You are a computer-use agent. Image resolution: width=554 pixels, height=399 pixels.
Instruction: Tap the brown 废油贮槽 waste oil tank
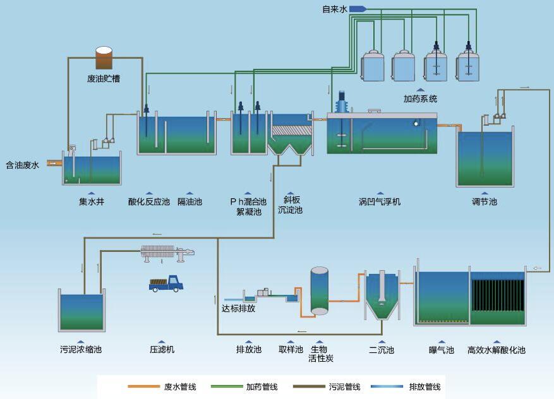coord(104,58)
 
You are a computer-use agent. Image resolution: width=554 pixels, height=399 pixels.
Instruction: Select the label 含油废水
coord(23,165)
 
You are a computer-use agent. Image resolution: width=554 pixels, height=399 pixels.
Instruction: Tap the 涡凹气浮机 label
coord(379,202)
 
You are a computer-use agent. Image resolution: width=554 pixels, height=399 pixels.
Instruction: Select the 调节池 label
coord(485,202)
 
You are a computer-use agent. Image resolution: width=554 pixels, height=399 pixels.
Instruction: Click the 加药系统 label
coord(420,99)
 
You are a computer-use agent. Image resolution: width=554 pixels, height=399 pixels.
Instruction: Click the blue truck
coord(166,283)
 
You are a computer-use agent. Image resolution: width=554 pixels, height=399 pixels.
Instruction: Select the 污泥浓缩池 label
coord(81,350)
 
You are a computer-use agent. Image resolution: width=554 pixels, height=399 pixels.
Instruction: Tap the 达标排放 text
coord(238,309)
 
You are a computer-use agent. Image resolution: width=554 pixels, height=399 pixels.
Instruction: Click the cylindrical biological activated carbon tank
coord(320,291)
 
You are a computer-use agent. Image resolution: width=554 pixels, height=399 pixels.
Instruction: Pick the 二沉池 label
coord(382,350)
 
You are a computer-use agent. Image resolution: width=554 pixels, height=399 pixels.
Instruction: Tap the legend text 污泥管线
coord(344,386)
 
